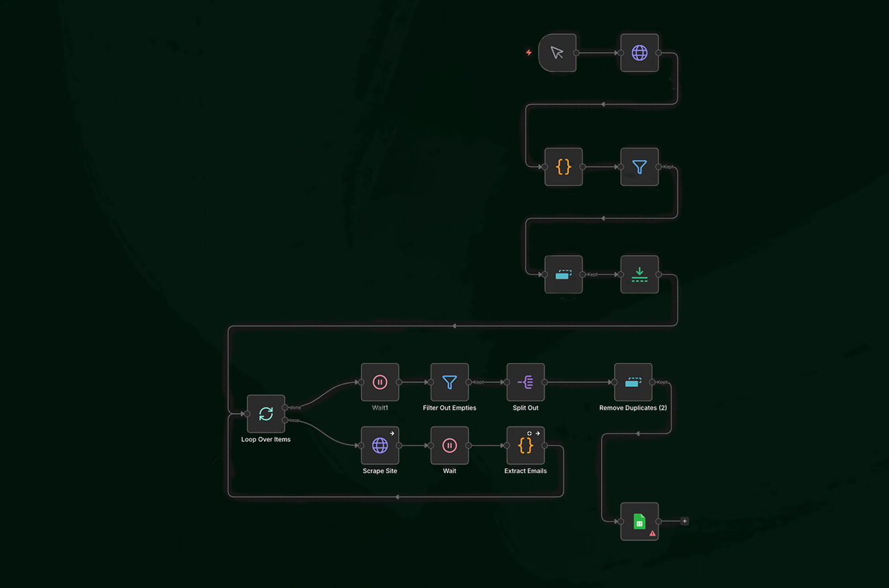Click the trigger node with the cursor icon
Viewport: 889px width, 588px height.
(557, 53)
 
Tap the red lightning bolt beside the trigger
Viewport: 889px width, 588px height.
(529, 53)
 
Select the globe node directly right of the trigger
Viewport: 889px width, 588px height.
(639, 53)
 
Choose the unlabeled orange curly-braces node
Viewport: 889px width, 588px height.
(563, 166)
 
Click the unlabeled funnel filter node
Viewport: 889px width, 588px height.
(639, 166)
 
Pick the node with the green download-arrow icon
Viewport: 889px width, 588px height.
(639, 274)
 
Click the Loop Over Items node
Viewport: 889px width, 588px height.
(266, 414)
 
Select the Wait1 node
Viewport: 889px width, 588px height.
(380, 382)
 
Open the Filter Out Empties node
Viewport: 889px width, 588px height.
(449, 382)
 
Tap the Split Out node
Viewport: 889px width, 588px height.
(525, 382)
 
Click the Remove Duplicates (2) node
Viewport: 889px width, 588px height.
(633, 382)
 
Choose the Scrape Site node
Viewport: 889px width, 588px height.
(380, 445)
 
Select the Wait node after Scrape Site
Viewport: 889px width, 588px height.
(449, 445)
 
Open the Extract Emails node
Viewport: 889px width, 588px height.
(525, 445)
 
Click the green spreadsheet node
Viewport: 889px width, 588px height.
(639, 522)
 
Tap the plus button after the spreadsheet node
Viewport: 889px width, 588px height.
(685, 522)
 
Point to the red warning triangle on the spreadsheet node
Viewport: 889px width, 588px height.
(652, 533)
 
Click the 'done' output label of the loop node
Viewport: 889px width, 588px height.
(295, 407)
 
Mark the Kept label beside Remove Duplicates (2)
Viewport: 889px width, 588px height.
(662, 382)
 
